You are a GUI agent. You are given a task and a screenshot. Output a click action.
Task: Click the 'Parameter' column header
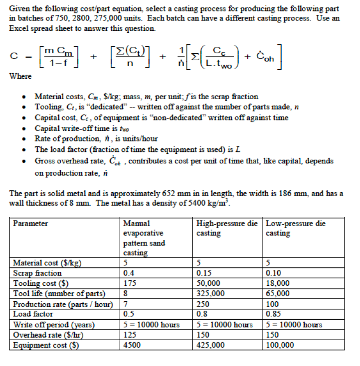pyautogui.click(x=30, y=224)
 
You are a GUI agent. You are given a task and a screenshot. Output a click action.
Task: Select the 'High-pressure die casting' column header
pyautogui.click(x=227, y=228)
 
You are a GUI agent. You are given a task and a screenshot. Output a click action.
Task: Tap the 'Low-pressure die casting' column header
pyautogui.click(x=296, y=228)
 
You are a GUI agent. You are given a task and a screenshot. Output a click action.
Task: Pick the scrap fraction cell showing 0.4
pyautogui.click(x=129, y=273)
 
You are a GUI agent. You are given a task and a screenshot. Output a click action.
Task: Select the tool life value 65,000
pyautogui.click(x=278, y=293)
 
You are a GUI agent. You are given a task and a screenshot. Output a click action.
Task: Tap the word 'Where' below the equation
pyautogui.click(x=20, y=76)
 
